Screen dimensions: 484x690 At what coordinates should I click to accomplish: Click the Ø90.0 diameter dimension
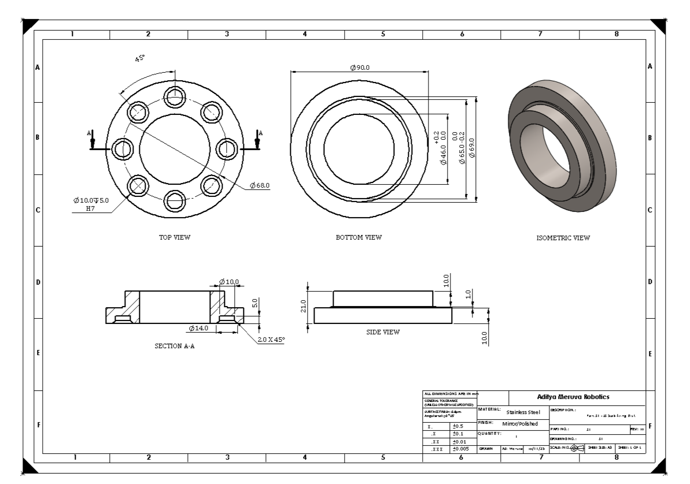coord(360,68)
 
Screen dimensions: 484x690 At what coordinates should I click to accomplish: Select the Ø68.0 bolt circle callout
coord(260,185)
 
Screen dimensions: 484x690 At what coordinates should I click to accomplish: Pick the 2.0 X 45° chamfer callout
coord(271,339)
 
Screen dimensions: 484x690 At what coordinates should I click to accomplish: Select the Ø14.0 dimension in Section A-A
coord(199,329)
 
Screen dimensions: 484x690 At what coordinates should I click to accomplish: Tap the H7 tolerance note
coord(90,208)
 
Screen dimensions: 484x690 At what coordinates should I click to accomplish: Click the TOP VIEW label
coord(175,237)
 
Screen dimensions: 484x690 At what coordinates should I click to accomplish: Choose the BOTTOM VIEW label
coord(359,237)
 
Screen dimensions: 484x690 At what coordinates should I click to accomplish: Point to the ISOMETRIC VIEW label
coord(560,237)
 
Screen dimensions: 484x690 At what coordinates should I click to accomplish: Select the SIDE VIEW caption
coord(383,332)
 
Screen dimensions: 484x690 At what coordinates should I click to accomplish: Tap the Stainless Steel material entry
coord(523,412)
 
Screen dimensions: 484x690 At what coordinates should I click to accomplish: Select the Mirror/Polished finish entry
coord(519,423)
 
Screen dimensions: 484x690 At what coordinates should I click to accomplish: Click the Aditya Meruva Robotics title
coord(577,397)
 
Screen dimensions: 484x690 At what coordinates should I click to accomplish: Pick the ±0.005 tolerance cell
coord(464,449)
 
